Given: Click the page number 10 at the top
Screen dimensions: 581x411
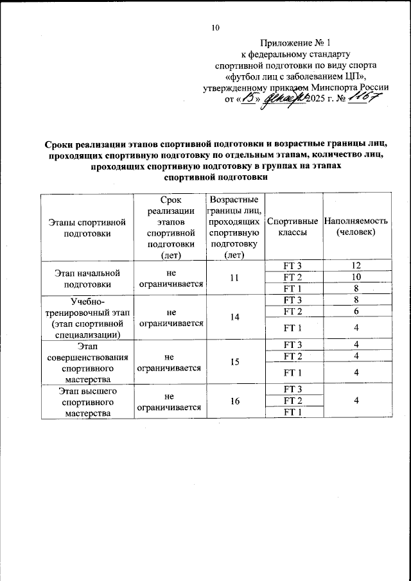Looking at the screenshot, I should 215,28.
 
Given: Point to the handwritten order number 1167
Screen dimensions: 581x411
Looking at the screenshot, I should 364,98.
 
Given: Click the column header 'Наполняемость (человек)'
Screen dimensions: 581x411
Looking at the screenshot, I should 356,227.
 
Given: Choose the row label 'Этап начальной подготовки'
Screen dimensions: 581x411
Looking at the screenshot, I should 85,277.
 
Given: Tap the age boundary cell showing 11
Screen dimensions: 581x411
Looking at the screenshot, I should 234,277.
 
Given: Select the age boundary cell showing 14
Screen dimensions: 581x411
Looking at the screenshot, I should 234,317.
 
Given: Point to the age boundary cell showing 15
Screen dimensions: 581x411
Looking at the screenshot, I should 234,362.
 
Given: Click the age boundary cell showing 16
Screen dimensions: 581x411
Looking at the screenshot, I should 234,401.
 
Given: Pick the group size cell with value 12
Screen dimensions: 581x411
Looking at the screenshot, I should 356,266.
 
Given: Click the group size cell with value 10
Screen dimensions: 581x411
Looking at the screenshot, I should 356,277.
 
